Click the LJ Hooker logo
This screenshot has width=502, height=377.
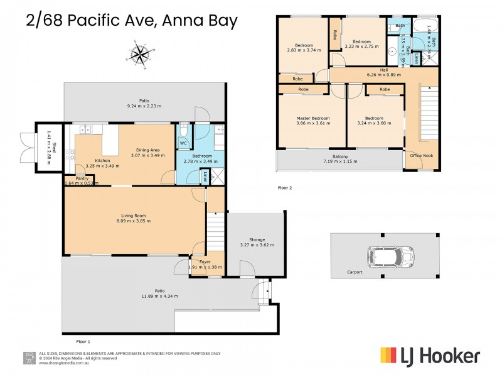click(x=430, y=356)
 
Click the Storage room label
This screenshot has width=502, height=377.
click(x=257, y=239)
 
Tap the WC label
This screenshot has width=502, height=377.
click(x=183, y=143)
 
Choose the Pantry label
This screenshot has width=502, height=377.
click(x=82, y=178)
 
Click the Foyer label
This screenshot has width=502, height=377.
click(x=205, y=261)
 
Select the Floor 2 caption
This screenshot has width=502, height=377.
click(x=285, y=187)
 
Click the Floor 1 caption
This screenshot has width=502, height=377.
click(x=83, y=341)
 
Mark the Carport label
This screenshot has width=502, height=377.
click(x=356, y=273)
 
